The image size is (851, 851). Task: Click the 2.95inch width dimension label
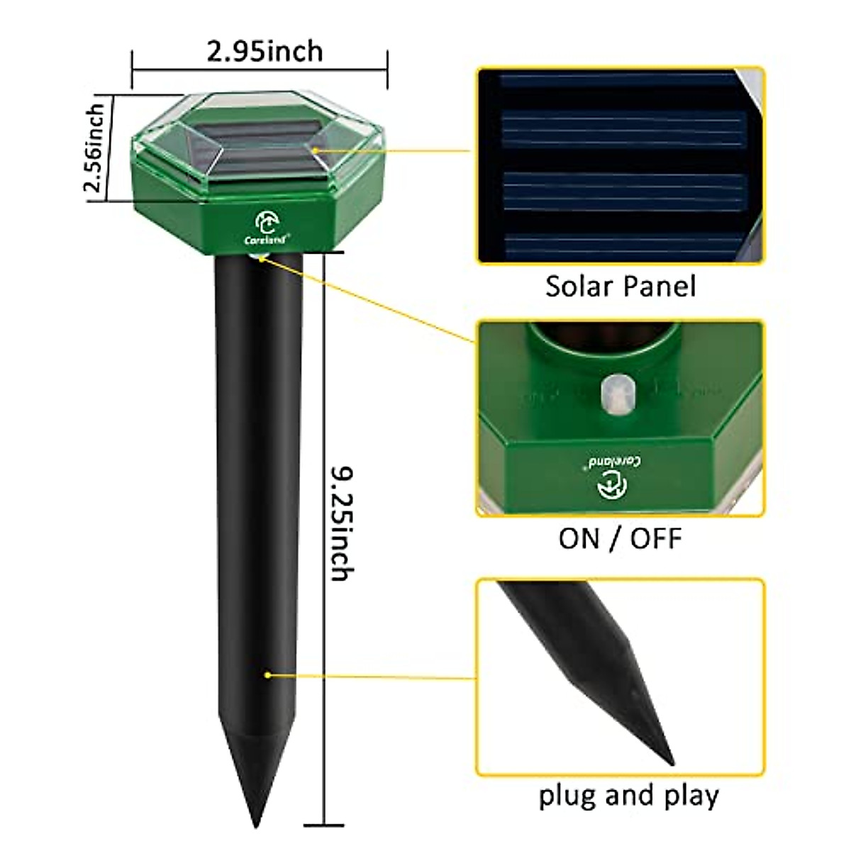pyautogui.click(x=265, y=52)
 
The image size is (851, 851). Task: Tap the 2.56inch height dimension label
pyautogui.click(x=95, y=148)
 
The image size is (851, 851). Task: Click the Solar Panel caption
pyautogui.click(x=621, y=286)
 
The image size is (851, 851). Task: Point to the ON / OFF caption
pyautogui.click(x=620, y=538)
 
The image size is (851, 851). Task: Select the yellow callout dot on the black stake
pyautogui.click(x=267, y=674)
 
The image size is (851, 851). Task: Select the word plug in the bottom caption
pyautogui.click(x=568, y=796)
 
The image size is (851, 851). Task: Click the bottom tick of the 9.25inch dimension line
pyautogui.click(x=323, y=825)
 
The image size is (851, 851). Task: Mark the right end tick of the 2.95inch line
pyautogui.click(x=387, y=69)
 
